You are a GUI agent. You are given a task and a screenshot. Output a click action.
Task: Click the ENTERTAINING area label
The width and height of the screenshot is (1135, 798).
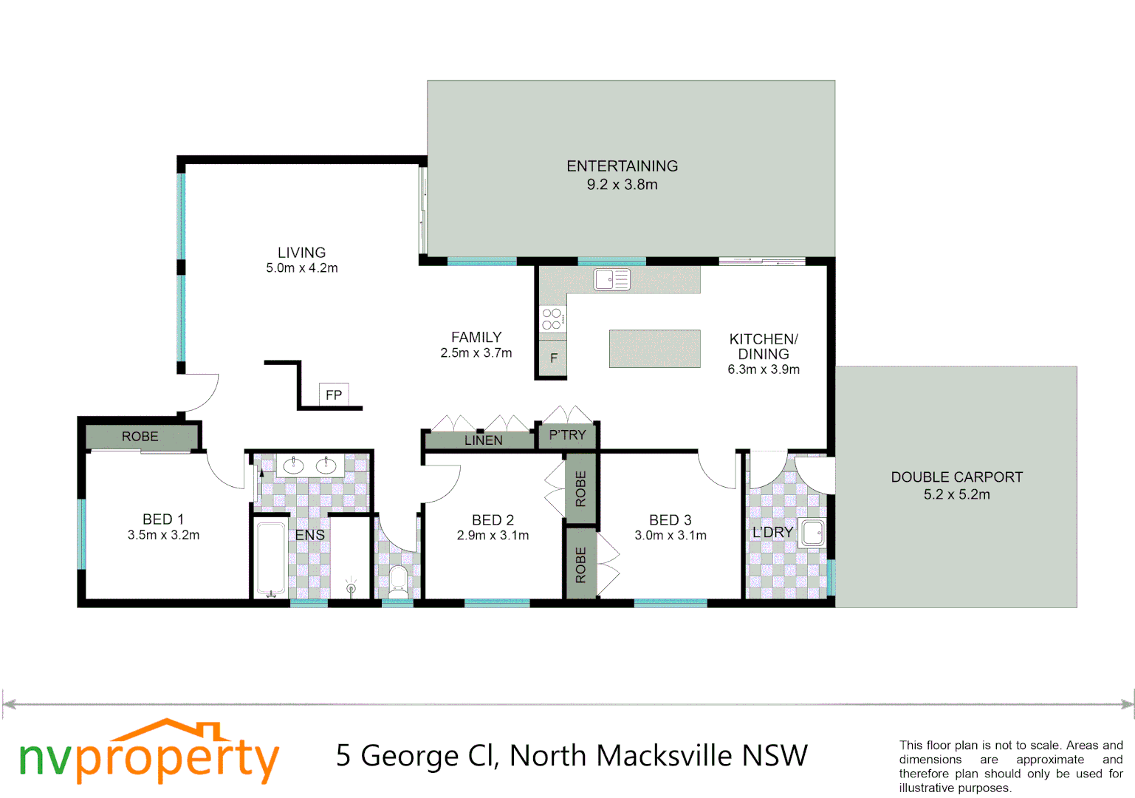click(x=622, y=167)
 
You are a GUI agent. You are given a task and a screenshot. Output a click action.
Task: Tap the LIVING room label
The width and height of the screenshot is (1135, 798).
click(x=301, y=253)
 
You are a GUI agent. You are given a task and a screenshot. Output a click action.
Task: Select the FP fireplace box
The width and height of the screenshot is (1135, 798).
click(x=334, y=395)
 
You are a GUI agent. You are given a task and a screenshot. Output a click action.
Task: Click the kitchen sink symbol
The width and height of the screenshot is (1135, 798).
click(x=612, y=279)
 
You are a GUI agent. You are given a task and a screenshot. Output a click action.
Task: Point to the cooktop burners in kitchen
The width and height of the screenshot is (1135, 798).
click(x=552, y=319)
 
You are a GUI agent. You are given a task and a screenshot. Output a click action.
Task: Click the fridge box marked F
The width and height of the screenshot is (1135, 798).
click(x=553, y=358)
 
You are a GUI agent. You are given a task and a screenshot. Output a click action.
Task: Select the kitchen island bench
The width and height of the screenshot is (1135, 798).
click(x=654, y=349)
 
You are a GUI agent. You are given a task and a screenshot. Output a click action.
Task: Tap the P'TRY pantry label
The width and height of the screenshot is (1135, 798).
click(x=567, y=435)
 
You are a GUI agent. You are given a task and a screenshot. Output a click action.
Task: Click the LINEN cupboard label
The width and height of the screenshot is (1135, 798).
click(x=483, y=440)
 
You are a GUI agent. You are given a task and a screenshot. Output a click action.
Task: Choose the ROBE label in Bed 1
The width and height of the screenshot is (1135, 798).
click(x=140, y=437)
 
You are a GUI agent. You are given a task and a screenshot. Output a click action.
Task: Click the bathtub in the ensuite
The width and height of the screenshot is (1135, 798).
click(x=270, y=559)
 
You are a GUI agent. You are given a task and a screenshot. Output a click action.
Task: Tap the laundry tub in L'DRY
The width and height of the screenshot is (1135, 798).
click(x=813, y=533)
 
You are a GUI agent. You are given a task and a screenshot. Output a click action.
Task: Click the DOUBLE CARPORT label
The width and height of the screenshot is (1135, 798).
click(x=956, y=477)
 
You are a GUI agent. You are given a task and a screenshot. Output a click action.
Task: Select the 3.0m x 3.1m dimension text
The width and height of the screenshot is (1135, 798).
click(x=671, y=536)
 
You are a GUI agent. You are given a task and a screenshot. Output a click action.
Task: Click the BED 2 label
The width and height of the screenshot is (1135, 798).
click(x=493, y=520)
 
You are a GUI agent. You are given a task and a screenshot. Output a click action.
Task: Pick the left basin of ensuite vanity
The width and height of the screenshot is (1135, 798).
click(x=294, y=465)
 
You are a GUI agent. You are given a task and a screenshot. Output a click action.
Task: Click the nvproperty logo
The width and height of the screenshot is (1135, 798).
click(x=148, y=754)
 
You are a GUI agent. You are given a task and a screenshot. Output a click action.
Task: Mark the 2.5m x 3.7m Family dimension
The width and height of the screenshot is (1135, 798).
click(x=476, y=353)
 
